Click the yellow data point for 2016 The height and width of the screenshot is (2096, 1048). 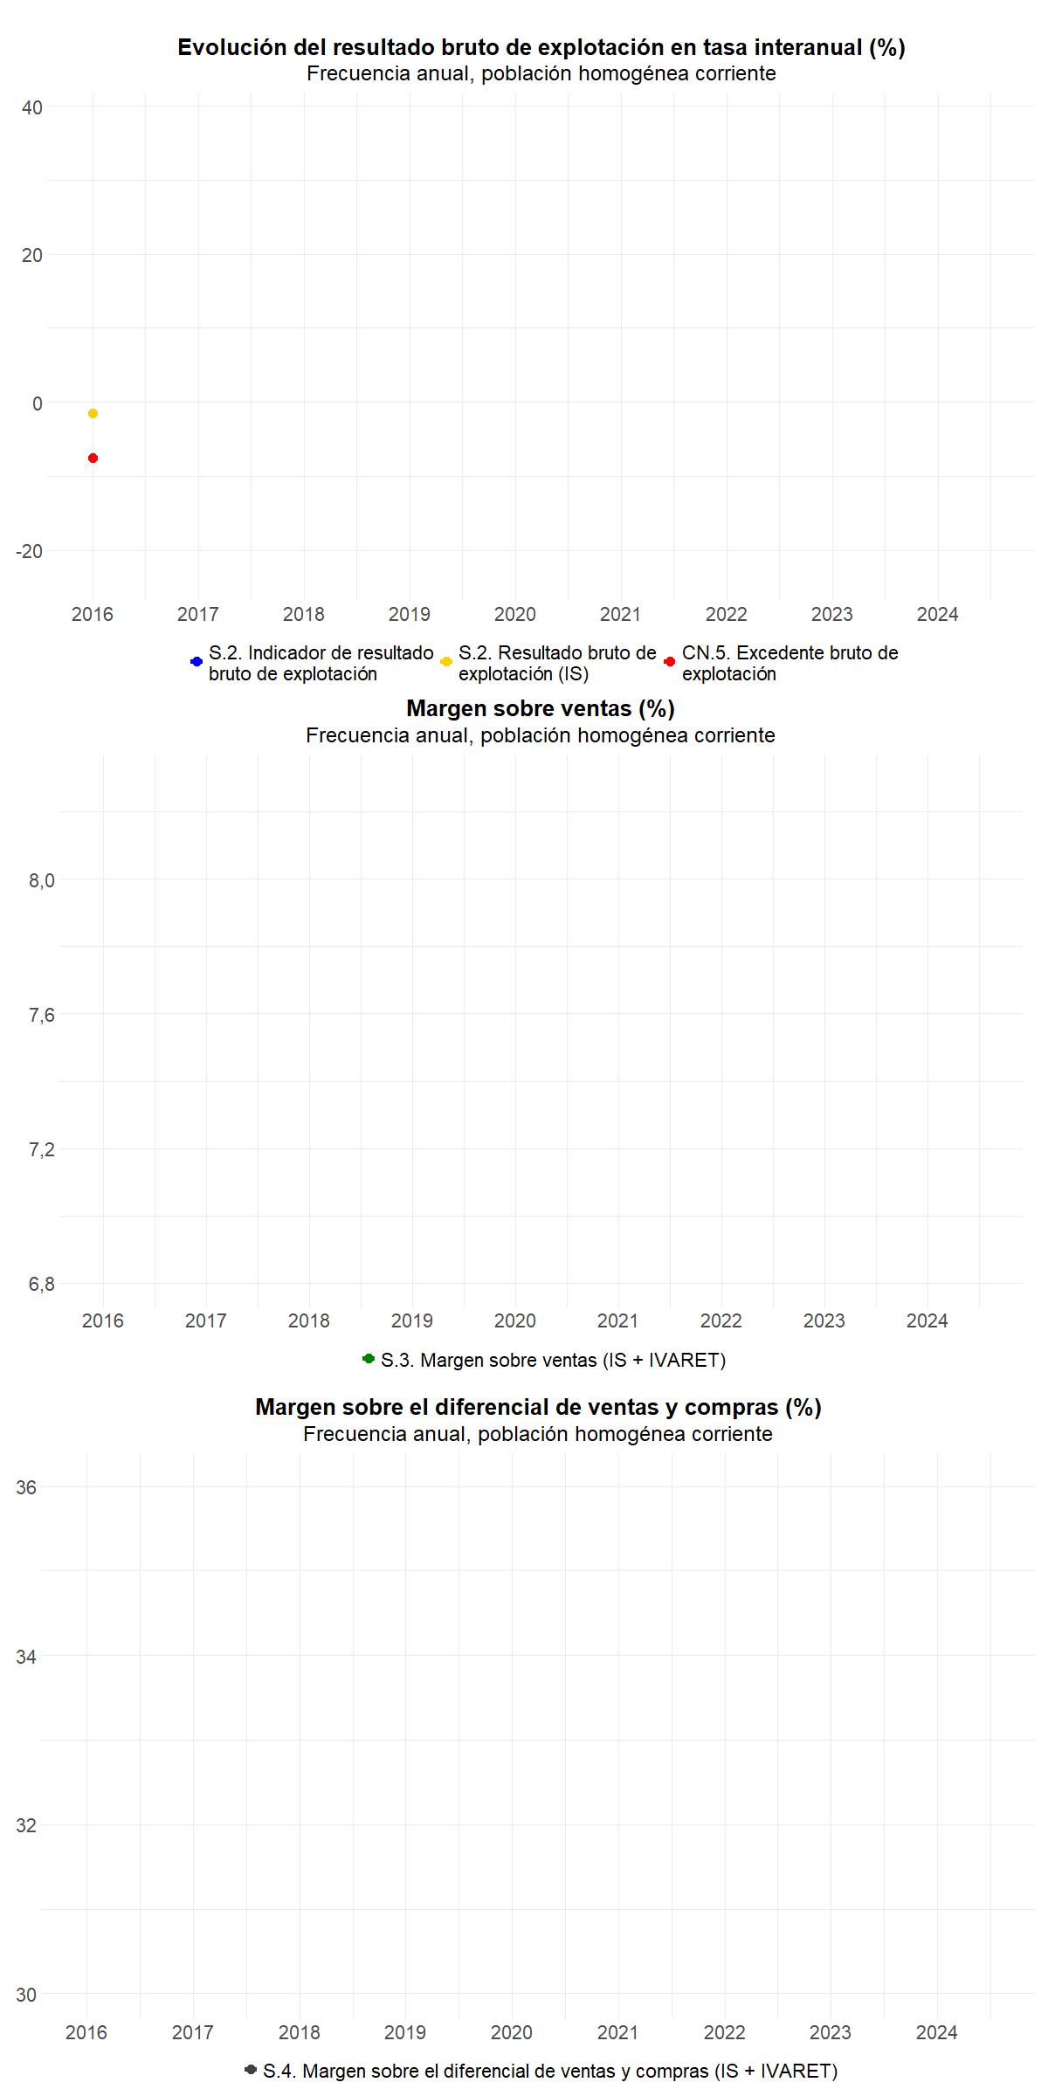coord(93,413)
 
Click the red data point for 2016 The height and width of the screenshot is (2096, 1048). coord(93,458)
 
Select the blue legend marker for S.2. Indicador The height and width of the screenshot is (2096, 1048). coord(196,662)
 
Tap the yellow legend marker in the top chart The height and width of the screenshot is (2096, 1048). coord(446,662)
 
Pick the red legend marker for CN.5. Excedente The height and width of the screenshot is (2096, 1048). coord(670,662)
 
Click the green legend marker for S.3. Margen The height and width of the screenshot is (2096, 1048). coord(369,1359)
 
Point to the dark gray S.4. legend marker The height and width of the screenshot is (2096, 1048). coord(251,2069)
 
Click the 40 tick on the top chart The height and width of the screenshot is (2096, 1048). coord(32,107)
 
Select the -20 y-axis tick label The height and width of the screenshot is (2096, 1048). coord(29,551)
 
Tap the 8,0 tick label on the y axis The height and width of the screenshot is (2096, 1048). coord(41,880)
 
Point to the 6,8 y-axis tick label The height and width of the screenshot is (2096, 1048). coord(41,1284)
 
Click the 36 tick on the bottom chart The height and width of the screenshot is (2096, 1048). coord(26,1487)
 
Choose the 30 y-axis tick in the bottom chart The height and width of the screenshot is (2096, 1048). coord(26,1995)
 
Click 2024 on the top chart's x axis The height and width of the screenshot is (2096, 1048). coord(937,614)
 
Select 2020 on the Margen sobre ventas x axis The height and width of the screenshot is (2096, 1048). coord(515,1320)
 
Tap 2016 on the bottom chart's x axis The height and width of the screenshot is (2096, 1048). coord(86,2032)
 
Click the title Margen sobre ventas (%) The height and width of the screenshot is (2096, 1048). coord(541,708)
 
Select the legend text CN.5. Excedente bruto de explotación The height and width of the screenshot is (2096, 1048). coord(789,663)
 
